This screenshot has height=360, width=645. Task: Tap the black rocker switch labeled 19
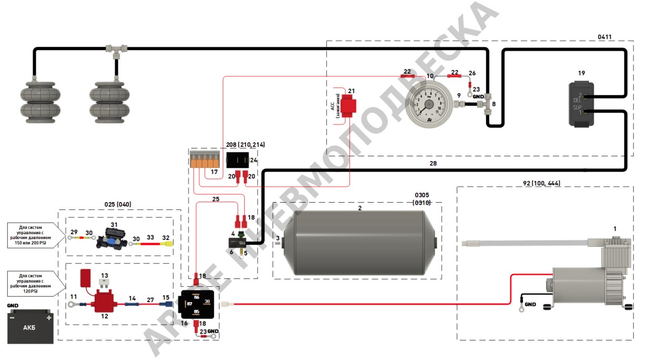(x=581, y=104)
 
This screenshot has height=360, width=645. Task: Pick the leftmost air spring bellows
(x=37, y=101)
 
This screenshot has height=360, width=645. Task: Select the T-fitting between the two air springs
(x=115, y=51)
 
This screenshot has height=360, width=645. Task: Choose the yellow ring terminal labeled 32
(x=167, y=245)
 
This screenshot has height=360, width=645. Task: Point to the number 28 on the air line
(x=432, y=164)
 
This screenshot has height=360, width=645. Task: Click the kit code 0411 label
(x=606, y=37)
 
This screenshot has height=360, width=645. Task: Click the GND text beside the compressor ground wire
(x=530, y=305)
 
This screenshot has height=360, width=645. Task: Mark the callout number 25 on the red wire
(x=215, y=199)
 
